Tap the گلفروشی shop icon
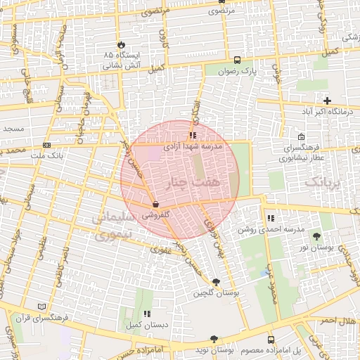point(155,205)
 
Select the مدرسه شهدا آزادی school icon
point(193,135)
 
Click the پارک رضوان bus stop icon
point(238,60)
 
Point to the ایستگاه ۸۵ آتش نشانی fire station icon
point(120,43)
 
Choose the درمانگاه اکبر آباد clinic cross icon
point(327,101)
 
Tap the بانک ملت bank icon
point(46,145)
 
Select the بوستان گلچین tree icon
point(216,282)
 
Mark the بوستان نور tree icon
point(316,237)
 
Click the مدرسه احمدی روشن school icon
point(271,219)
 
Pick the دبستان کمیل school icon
point(146,314)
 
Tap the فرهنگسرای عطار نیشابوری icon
point(301,136)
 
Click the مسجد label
point(13,129)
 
